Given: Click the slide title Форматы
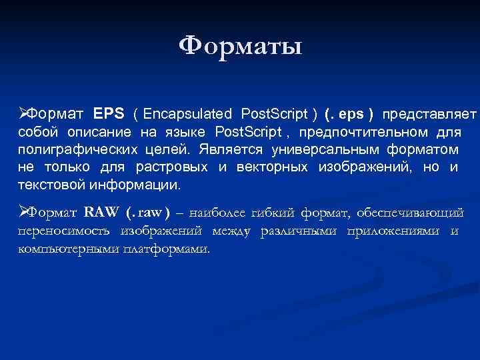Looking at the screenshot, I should pyautogui.click(x=240, y=46).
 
